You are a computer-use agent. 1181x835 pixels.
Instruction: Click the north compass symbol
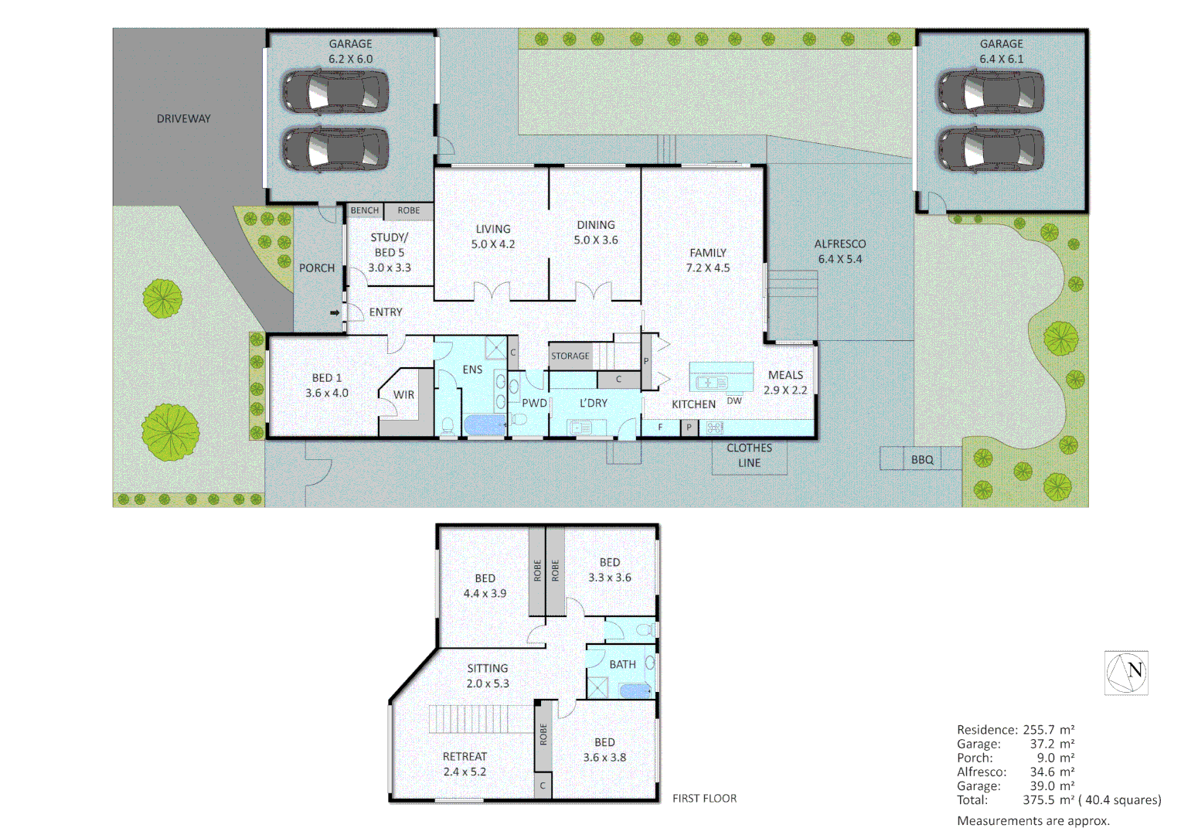click(1126, 673)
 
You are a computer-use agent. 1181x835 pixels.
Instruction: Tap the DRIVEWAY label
click(183, 119)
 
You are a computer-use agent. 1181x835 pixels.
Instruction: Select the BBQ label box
click(921, 459)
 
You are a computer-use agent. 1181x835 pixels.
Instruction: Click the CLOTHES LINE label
click(749, 455)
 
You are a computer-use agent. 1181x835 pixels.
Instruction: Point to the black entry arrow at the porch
click(335, 312)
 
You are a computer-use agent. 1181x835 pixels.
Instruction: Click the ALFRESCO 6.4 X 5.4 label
click(839, 251)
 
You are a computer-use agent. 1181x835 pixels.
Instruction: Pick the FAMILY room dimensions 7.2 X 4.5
click(707, 268)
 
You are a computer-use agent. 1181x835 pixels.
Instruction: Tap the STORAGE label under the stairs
click(570, 356)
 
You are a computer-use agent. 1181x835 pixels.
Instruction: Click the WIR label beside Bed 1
click(403, 395)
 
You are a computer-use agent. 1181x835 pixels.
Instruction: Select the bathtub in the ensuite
click(485, 425)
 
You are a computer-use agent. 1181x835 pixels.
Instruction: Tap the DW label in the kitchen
click(733, 400)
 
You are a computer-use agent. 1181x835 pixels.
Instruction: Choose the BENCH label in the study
click(365, 210)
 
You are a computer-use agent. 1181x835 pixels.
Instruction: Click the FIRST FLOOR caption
click(704, 799)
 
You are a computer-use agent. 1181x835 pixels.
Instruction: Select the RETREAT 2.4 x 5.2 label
click(465, 764)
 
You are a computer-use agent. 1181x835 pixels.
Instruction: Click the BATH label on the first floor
click(622, 664)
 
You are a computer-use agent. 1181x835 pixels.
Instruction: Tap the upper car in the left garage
click(335, 92)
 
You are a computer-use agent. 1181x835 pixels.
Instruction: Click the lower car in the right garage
click(991, 149)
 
